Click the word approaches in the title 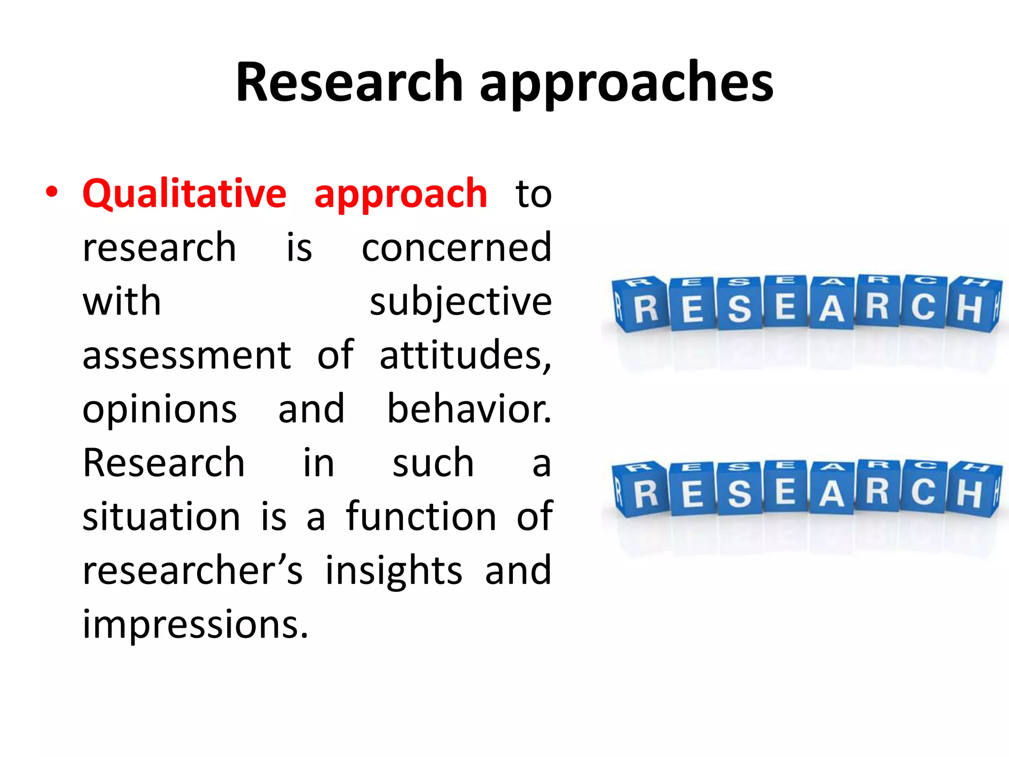click(x=626, y=84)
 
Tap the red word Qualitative click(x=184, y=193)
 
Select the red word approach click(x=401, y=195)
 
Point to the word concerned click(x=456, y=247)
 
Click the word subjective click(x=461, y=302)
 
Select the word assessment click(x=187, y=355)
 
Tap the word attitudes click(x=465, y=355)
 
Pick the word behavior click(x=469, y=409)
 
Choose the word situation click(x=162, y=516)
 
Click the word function click(x=421, y=516)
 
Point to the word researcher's click(x=192, y=570)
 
